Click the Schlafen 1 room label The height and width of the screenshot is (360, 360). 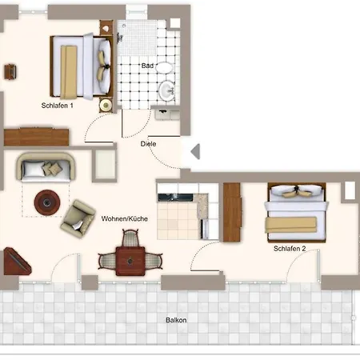tap(57, 106)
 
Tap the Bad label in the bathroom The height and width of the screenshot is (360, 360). tap(147, 66)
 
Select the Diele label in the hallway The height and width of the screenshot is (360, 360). tap(148, 144)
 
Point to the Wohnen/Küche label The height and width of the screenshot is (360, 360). tap(125, 219)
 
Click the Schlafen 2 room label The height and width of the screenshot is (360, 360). tap(290, 249)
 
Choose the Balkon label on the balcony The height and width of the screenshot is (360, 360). tap(176, 320)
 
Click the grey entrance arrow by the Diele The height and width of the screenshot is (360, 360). tap(195, 151)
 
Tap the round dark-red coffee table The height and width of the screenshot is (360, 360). tap(47, 202)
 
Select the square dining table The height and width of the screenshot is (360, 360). tap(130, 261)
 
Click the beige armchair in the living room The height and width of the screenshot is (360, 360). tap(78, 219)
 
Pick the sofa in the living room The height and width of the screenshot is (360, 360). tap(46, 167)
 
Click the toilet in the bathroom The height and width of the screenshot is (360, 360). tap(163, 68)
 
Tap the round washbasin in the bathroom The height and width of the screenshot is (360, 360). tap(167, 90)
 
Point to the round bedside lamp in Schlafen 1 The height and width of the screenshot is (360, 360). tap(106, 105)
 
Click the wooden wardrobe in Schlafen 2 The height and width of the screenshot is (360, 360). tap(232, 212)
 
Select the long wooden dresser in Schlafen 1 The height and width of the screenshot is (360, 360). tap(37, 137)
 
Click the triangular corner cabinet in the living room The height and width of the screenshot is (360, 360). tap(16, 262)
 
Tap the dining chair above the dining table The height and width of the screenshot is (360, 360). tap(130, 238)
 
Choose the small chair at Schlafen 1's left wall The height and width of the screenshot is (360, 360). tap(10, 71)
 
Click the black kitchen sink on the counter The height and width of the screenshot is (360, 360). tap(175, 198)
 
